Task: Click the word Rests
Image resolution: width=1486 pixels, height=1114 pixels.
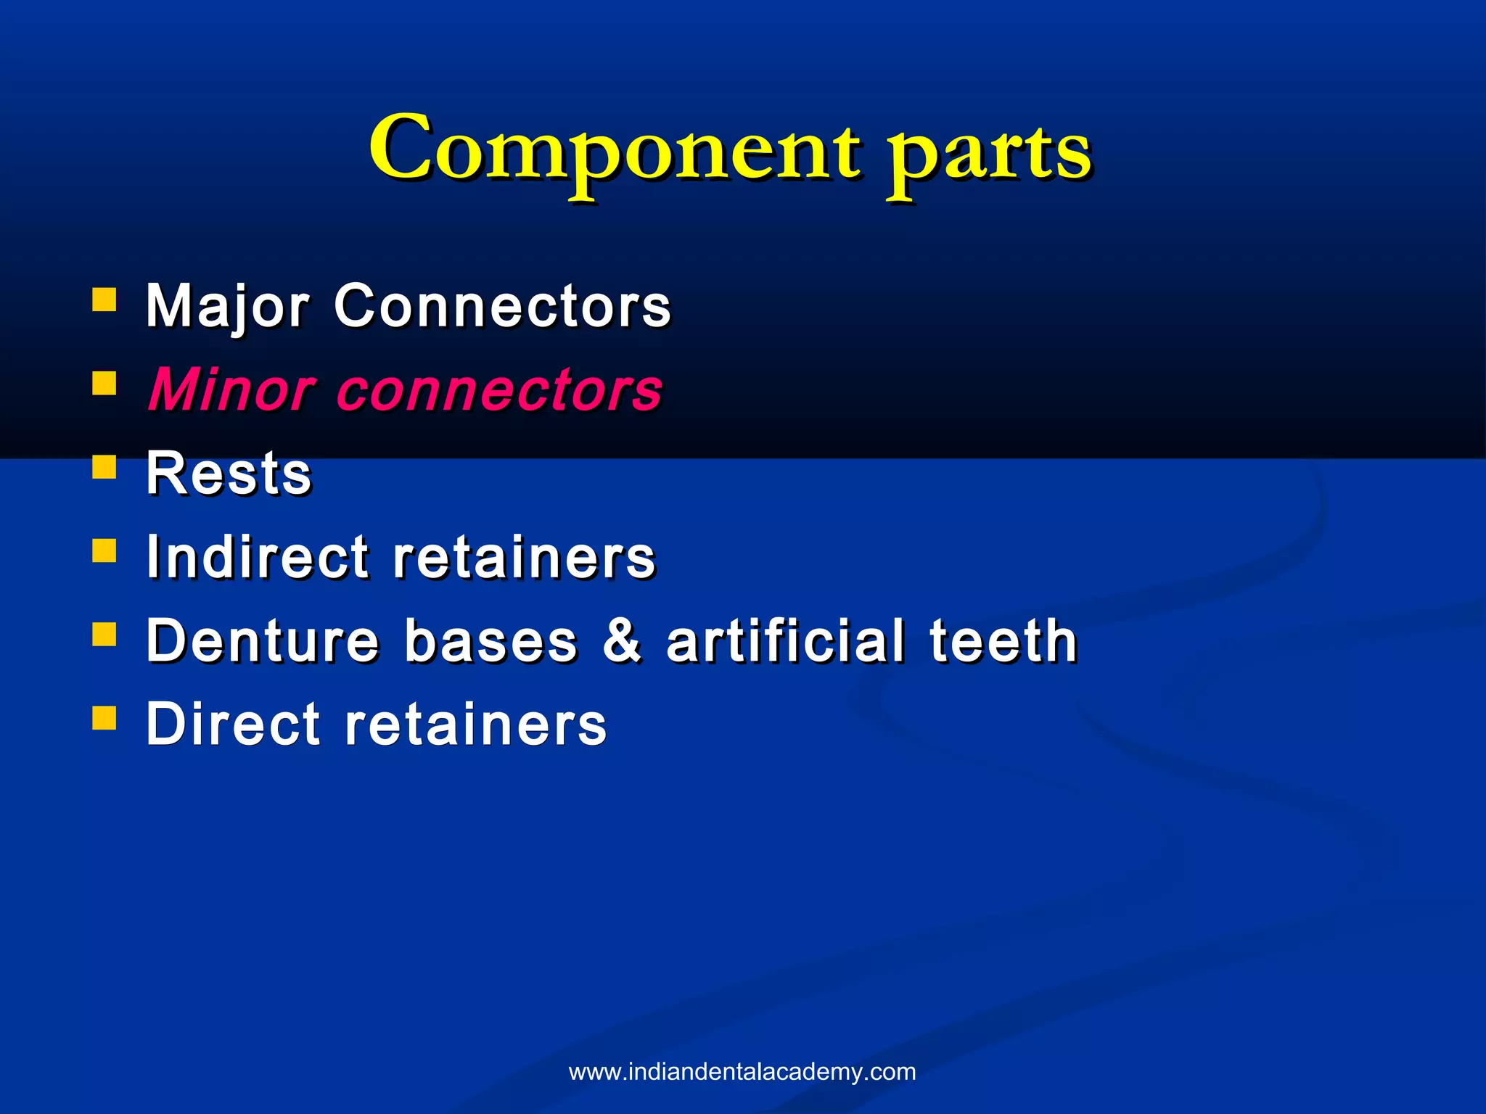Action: tap(229, 474)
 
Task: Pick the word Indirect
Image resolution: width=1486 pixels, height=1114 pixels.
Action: tap(258, 557)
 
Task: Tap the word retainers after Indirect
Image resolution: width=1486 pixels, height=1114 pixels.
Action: tap(524, 558)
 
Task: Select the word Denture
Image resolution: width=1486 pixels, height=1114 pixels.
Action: tap(263, 640)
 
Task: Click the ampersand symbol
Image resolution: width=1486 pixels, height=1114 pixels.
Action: tap(622, 640)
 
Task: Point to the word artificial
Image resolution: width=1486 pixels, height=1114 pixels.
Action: tap(785, 640)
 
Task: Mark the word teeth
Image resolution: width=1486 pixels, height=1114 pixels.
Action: tap(1003, 640)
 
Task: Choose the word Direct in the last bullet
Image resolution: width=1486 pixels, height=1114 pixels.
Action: tap(233, 724)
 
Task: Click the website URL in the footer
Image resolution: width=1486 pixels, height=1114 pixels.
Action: tap(742, 1072)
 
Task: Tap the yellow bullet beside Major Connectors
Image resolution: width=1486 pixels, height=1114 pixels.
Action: tap(104, 300)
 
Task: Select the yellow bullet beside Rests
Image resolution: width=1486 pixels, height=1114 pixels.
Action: tap(104, 467)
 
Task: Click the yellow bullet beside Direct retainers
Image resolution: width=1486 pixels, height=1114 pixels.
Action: tap(104, 717)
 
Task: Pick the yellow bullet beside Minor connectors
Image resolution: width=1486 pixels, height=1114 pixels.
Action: tap(104, 383)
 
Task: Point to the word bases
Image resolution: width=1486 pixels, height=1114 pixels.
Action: tap(491, 640)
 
